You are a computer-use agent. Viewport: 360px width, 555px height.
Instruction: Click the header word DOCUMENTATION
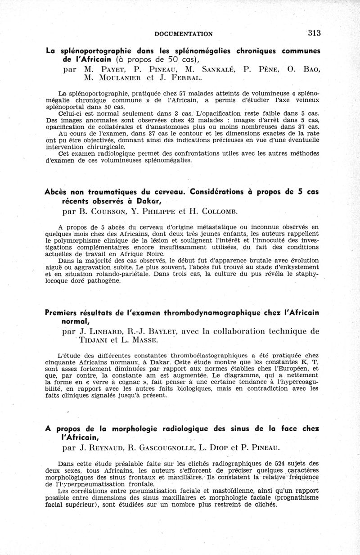click(183, 34)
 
